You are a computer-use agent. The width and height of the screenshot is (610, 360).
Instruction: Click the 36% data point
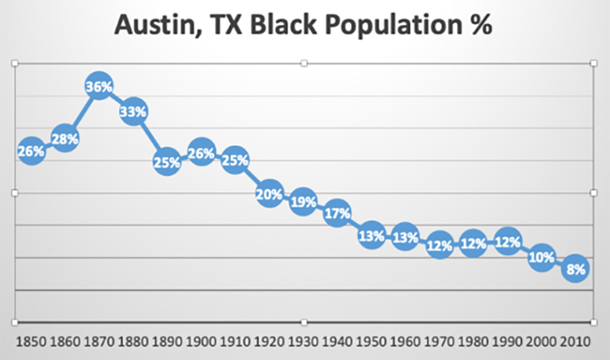99,87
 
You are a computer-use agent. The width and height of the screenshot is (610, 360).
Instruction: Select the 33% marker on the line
133,112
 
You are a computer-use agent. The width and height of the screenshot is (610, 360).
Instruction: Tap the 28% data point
65,139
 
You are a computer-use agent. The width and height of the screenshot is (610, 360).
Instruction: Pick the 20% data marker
269,195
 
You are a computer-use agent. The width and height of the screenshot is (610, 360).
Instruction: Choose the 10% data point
542,257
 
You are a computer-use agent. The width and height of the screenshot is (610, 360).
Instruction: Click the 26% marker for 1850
31,151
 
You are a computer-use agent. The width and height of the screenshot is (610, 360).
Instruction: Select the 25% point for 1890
167,162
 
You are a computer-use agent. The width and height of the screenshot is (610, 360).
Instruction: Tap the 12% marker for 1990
508,243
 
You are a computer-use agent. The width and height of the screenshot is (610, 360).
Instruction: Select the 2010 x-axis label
575,342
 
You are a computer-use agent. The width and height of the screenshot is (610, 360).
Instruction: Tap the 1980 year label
473,342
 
